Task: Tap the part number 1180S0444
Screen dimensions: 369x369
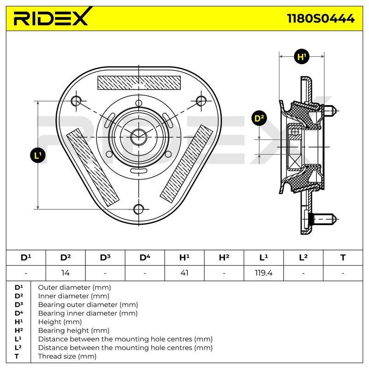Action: (321, 18)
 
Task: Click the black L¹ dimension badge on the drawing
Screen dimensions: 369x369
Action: (38, 155)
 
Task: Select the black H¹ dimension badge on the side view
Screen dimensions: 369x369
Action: (302, 57)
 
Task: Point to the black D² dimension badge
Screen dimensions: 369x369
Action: (259, 118)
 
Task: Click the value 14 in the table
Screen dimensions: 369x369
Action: (65, 273)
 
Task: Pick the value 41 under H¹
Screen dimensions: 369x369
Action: (184, 273)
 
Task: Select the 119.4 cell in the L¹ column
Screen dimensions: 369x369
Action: (263, 273)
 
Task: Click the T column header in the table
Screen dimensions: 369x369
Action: (343, 258)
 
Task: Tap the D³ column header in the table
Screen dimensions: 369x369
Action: (105, 257)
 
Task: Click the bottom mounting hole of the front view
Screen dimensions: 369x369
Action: (139, 209)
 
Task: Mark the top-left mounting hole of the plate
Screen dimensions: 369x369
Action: (76, 101)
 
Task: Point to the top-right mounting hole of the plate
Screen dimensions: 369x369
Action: (201, 101)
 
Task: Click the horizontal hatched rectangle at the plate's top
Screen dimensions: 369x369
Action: (139, 83)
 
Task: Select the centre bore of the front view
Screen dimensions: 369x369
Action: (139, 137)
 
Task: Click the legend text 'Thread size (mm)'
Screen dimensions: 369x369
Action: (67, 356)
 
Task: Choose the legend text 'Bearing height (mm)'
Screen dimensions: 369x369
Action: (74, 330)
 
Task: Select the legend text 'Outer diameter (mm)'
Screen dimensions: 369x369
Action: (74, 287)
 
